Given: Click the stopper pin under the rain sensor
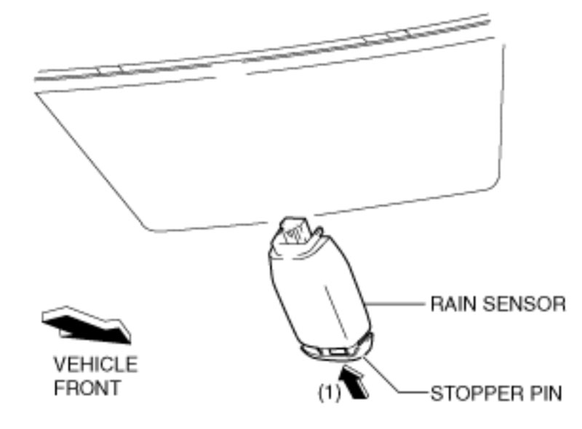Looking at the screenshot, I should (x=336, y=354).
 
